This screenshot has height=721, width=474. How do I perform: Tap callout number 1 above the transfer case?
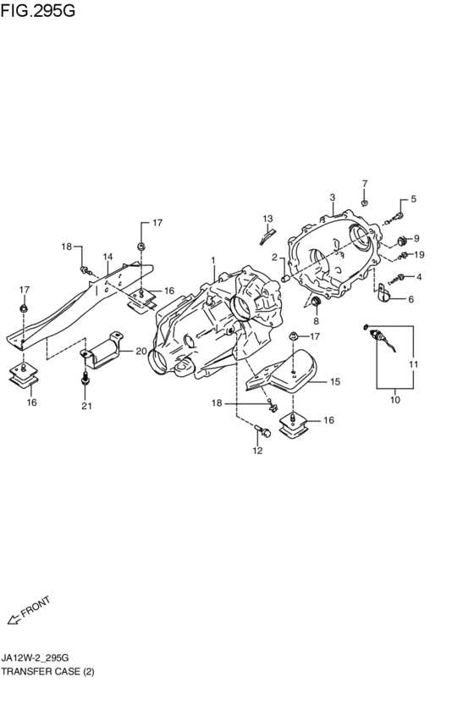(213, 261)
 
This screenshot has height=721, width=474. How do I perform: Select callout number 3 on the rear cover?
(333, 197)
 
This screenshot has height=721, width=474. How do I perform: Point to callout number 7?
(365, 184)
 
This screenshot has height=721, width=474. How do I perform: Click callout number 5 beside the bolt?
(414, 200)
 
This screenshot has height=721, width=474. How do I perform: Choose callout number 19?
(419, 254)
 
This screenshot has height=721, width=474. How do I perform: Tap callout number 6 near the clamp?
(411, 299)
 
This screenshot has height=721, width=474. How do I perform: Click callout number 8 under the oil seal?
(316, 322)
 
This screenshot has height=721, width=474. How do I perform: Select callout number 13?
(267, 219)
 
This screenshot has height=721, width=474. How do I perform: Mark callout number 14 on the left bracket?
(107, 257)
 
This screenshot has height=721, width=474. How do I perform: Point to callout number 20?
(140, 352)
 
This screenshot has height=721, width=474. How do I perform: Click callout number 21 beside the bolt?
(85, 406)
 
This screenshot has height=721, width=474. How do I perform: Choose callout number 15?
(334, 382)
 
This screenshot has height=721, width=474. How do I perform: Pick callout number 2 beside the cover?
(275, 257)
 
